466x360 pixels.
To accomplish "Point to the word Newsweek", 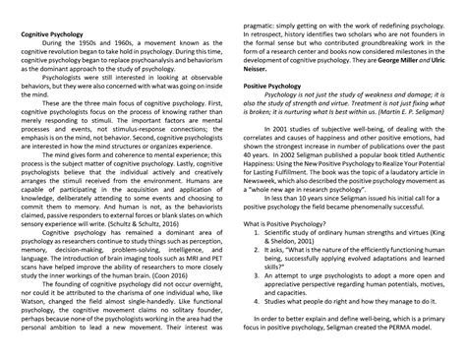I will click(267, 210).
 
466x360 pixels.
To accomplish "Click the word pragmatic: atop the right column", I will click(265, 7).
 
